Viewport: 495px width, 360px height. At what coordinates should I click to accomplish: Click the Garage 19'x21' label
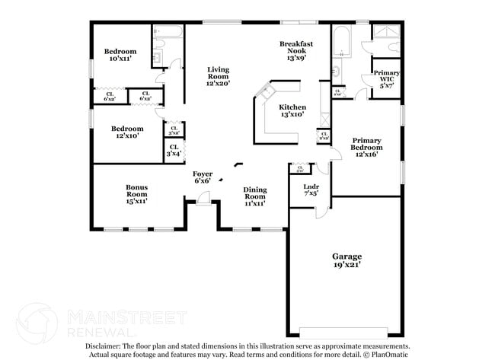346,261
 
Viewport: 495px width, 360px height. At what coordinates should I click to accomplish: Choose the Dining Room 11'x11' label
254,197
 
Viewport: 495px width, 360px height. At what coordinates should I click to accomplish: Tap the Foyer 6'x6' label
203,177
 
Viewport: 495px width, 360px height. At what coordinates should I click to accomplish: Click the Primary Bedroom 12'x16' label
366,146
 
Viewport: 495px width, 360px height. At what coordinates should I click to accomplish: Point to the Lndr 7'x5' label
311,190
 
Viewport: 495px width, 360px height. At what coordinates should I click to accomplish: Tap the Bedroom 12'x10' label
126,132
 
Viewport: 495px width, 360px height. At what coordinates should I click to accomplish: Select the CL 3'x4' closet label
174,150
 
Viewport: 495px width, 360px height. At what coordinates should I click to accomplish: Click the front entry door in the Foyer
203,199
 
